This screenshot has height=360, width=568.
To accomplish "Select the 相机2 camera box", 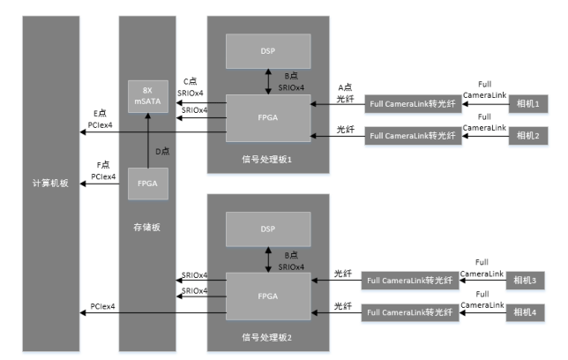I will pyautogui.click(x=530, y=135).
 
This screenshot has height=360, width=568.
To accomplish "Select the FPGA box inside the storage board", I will pyautogui.click(x=148, y=184).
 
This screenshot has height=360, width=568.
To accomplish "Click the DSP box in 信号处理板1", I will pyautogui.click(x=268, y=51).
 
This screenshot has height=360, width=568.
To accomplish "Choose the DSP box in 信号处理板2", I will pyautogui.click(x=268, y=229).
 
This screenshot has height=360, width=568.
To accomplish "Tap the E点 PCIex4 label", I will pyautogui.click(x=101, y=119).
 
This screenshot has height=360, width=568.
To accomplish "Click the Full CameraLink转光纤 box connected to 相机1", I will pyautogui.click(x=414, y=105).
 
